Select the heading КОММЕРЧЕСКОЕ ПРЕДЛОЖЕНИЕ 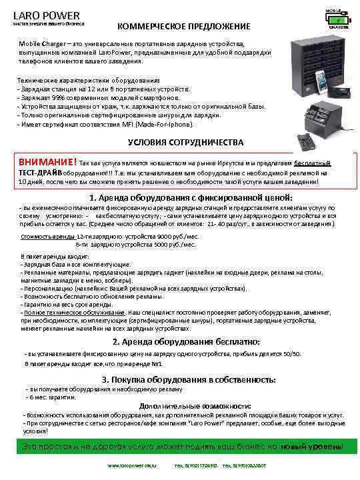[184, 26]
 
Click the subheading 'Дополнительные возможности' [195, 406]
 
